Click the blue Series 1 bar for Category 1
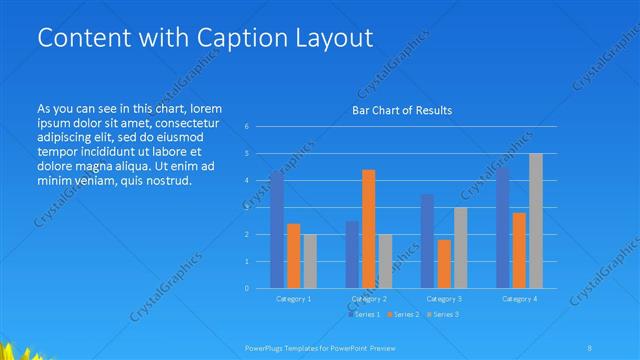click(x=277, y=230)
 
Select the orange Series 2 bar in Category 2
click(x=369, y=229)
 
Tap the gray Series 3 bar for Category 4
click(x=536, y=221)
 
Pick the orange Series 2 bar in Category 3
click(x=444, y=264)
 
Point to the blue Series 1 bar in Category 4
click(x=503, y=228)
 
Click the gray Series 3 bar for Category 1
click(x=309, y=261)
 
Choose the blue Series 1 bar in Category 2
click(x=352, y=254)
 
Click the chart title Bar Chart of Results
click(x=402, y=110)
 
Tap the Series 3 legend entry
click(x=443, y=314)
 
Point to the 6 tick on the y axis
click(x=247, y=127)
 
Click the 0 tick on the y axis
click(x=247, y=288)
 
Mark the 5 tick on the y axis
click(x=247, y=154)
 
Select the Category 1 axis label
click(x=293, y=298)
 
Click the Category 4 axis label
click(x=519, y=298)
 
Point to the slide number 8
click(x=591, y=346)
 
